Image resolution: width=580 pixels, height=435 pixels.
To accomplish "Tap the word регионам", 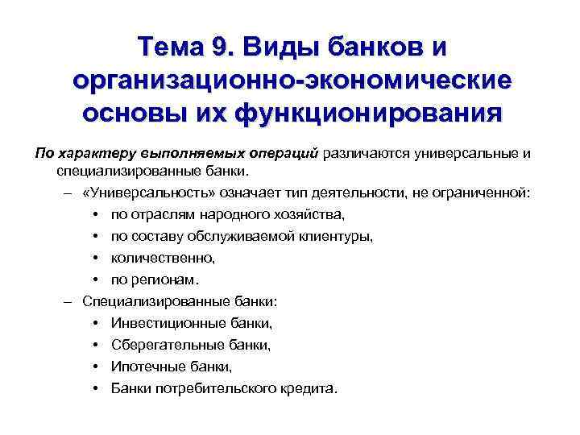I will (x=163, y=280).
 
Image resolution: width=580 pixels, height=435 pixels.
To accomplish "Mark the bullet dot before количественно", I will (x=96, y=258).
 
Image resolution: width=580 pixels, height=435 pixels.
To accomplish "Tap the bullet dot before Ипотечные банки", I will (x=96, y=367).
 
